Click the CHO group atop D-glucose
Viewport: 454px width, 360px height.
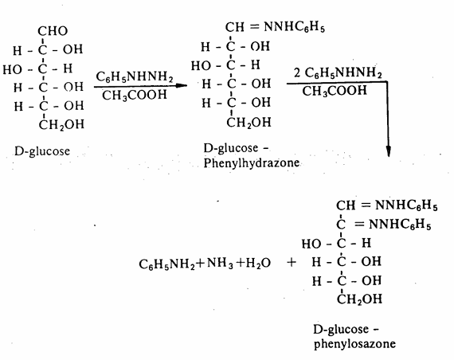coord(53,31)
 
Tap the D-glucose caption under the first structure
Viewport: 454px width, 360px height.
coord(42,151)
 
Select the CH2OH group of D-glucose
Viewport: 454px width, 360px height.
coord(61,125)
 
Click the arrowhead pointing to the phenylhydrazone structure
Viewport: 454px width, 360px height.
coord(181,85)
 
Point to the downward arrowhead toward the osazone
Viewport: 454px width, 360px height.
coord(389,151)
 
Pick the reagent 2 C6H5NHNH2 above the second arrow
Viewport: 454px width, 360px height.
coord(338,72)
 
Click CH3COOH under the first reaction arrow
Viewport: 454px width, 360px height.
coord(135,95)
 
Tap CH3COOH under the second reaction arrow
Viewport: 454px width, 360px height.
coord(335,91)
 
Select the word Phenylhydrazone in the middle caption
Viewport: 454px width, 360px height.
coord(252,162)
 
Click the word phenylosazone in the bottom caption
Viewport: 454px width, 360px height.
coord(354,344)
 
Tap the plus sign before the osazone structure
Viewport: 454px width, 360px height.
coord(292,262)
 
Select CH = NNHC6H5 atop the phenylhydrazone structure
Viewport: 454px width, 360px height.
coord(275,27)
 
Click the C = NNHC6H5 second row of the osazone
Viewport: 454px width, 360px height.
coord(384,224)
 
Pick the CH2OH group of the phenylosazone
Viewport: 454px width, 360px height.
coord(359,299)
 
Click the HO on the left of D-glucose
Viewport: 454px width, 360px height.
coord(12,69)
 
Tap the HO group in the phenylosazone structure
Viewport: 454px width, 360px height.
coord(311,244)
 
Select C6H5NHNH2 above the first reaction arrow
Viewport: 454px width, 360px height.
coord(135,76)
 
